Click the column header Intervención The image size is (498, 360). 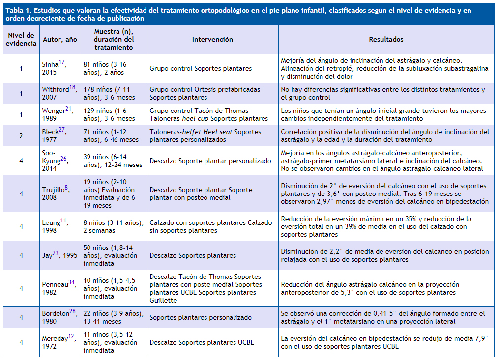point(212,39)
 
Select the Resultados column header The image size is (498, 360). point(386,39)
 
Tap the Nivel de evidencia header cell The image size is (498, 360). point(21,39)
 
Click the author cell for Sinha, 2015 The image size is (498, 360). point(54,68)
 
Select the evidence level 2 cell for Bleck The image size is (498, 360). point(21,136)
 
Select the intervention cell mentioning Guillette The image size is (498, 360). point(212,288)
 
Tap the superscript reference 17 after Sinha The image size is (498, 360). point(61,62)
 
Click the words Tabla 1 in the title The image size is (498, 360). point(18,11)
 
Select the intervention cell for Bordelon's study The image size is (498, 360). point(212,317)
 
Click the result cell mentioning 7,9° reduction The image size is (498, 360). point(386,342)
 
